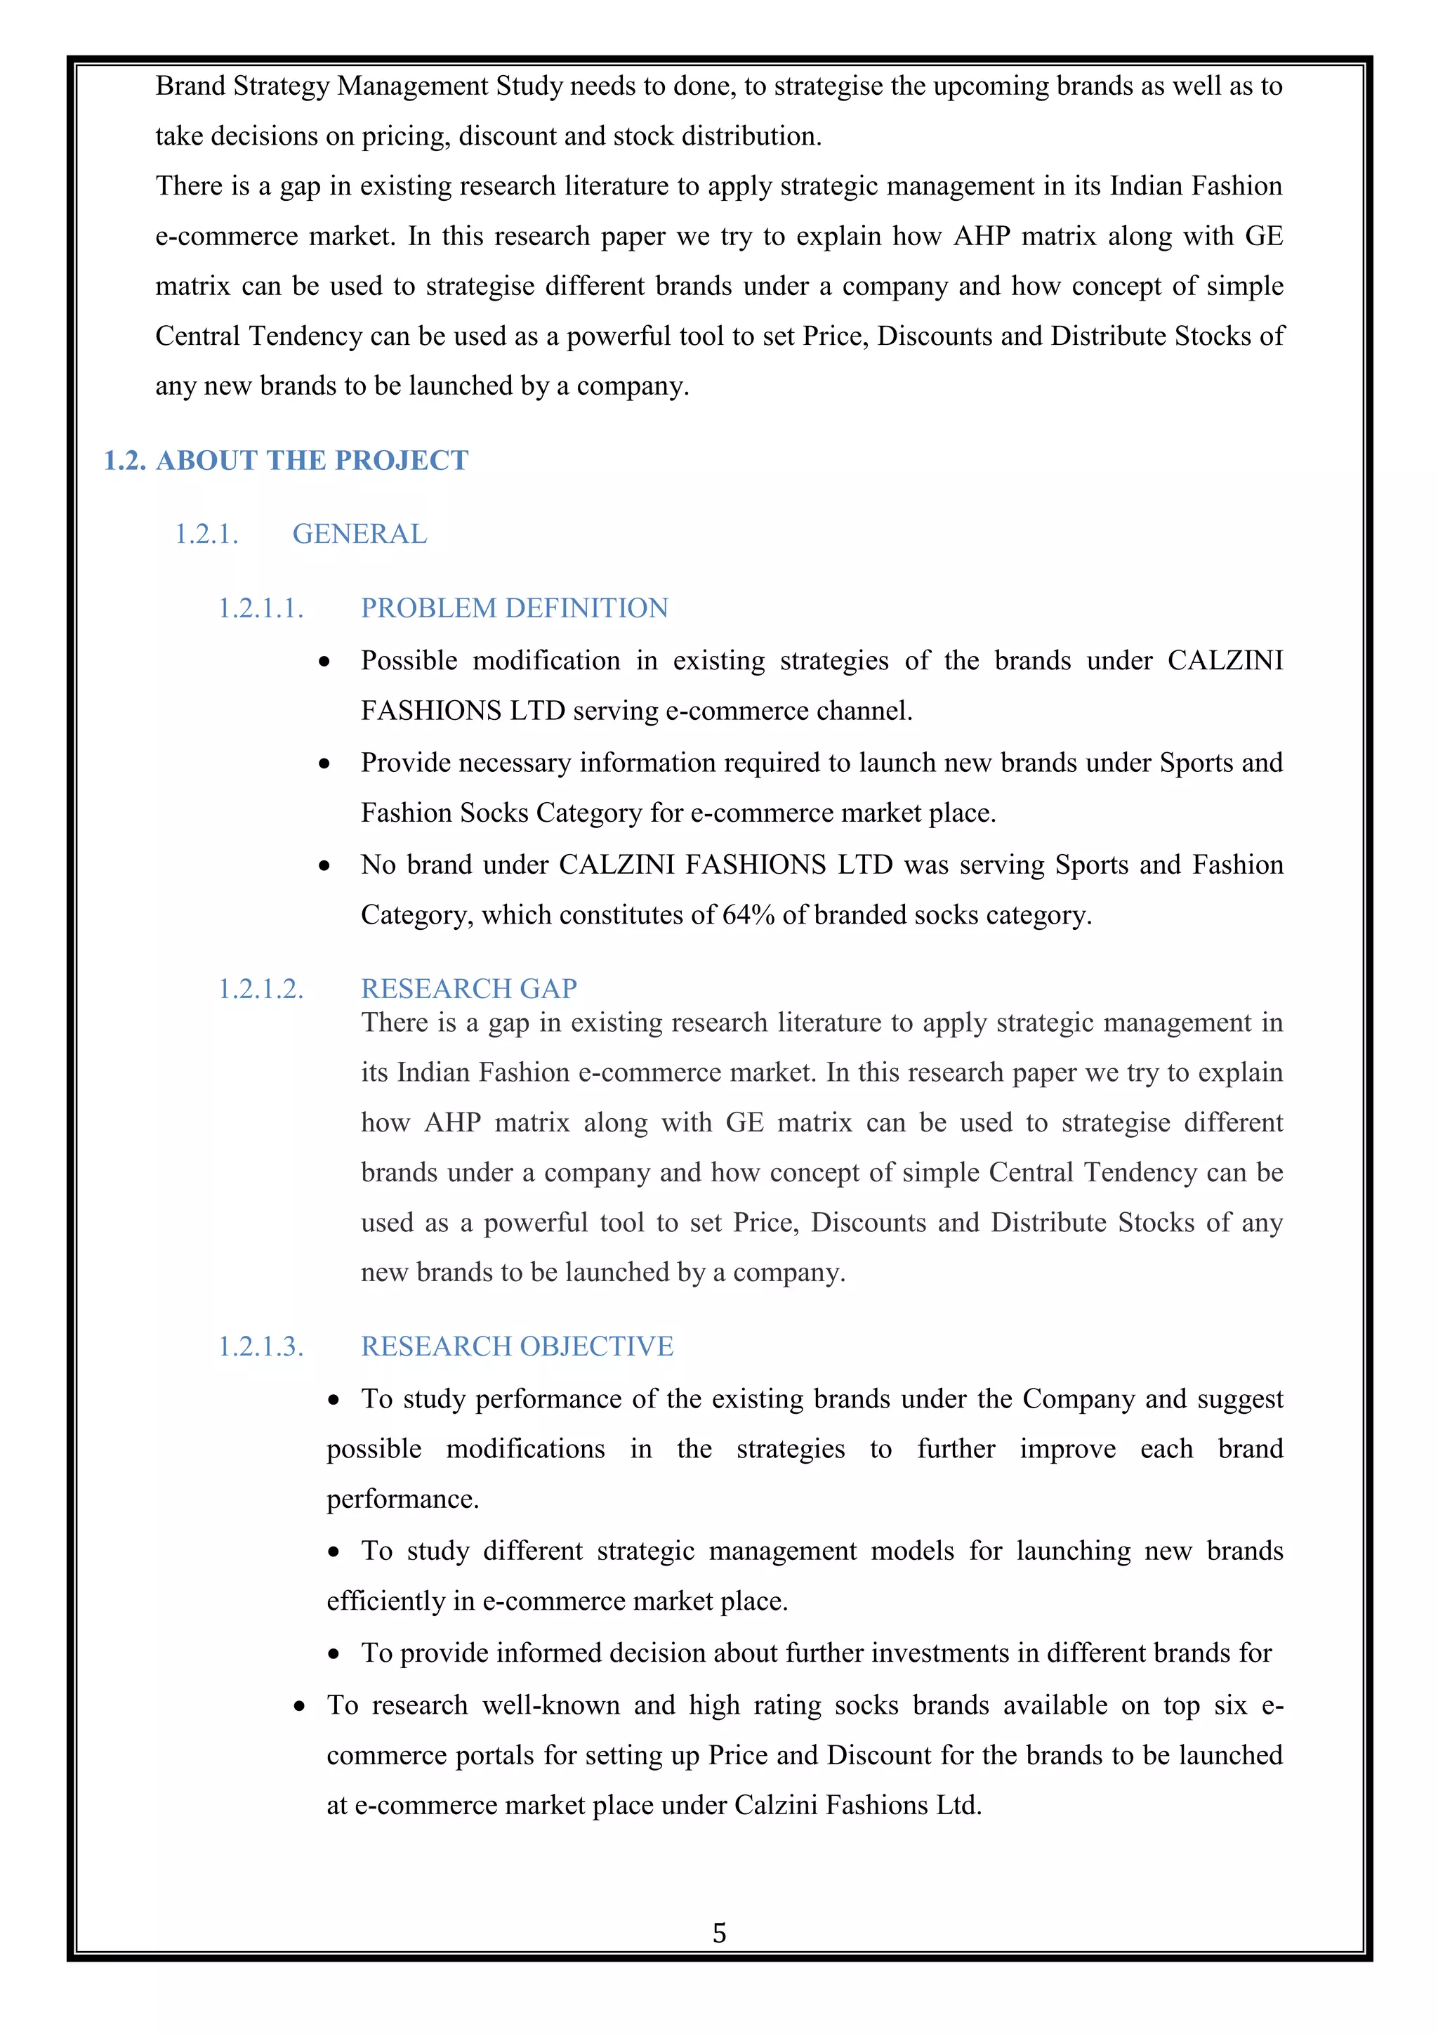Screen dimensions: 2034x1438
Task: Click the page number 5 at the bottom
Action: coord(719,1932)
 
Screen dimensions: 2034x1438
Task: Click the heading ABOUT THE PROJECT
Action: coord(312,461)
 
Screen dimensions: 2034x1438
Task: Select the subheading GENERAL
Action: coord(359,534)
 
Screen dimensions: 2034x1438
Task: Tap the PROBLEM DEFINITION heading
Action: coord(515,609)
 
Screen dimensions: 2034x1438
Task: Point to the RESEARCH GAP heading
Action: coord(468,989)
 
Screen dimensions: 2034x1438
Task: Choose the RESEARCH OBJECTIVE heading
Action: coord(517,1346)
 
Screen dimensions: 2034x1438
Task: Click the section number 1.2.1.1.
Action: coord(261,609)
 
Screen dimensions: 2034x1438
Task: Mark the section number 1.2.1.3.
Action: coord(261,1346)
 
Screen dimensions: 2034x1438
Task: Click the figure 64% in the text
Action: coord(748,915)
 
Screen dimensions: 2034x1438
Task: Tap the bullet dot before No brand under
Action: coord(325,865)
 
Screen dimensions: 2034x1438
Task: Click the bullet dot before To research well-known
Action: coord(301,1706)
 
